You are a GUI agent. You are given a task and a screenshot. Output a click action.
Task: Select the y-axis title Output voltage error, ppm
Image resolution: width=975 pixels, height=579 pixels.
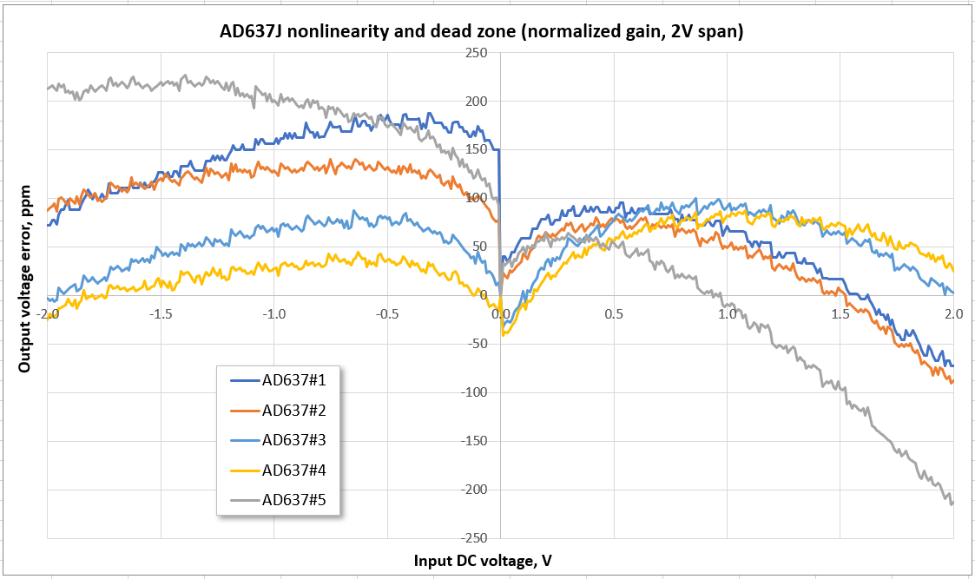click(x=25, y=279)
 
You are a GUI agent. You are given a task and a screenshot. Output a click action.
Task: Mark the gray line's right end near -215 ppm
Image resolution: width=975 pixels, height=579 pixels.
click(x=952, y=503)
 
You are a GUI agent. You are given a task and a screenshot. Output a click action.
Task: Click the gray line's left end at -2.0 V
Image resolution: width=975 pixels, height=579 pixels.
click(x=49, y=89)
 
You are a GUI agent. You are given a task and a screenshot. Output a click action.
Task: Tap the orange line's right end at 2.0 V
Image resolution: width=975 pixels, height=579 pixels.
click(x=952, y=380)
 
